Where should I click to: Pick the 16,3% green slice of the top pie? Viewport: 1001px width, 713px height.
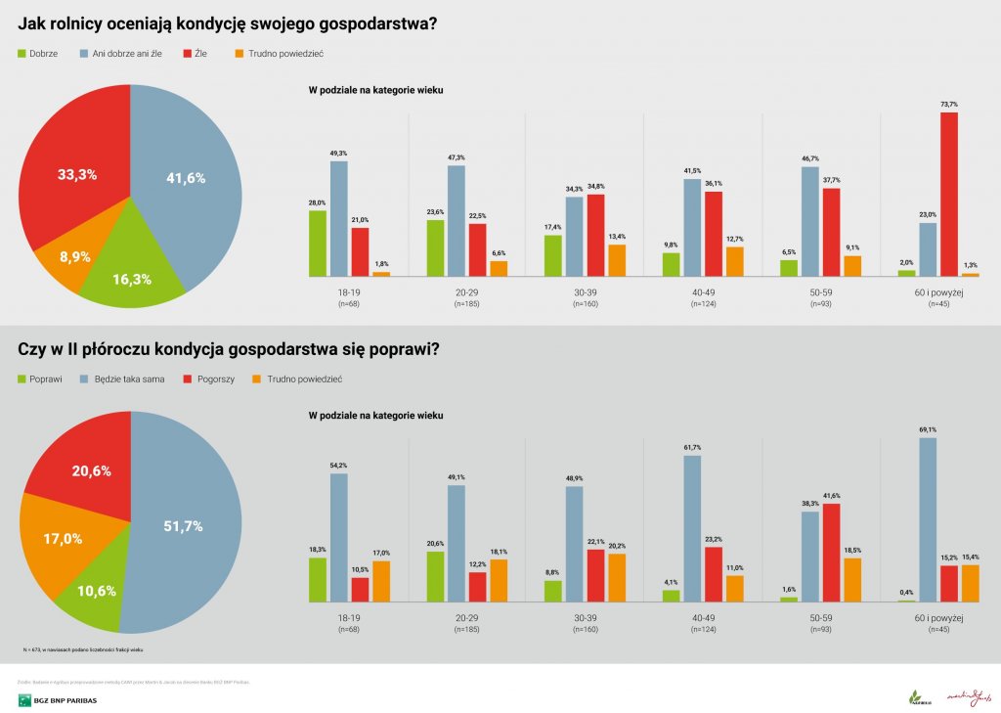click(x=132, y=274)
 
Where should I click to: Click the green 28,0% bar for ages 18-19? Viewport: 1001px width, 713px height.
click(x=317, y=244)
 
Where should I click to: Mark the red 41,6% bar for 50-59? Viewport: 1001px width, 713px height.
click(x=831, y=553)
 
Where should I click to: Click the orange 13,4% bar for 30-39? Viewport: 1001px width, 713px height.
click(x=616, y=260)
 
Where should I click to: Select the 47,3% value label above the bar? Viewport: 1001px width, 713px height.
click(x=457, y=157)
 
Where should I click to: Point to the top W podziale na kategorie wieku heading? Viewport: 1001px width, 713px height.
click(x=375, y=90)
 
